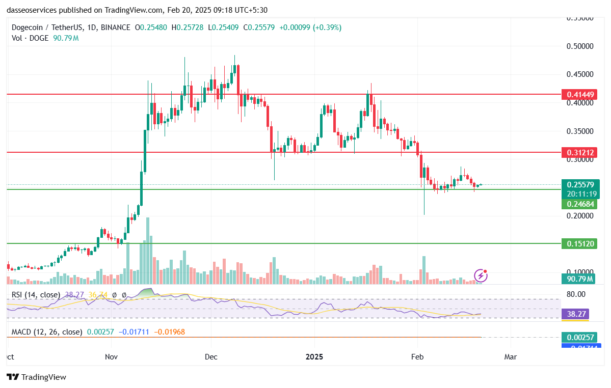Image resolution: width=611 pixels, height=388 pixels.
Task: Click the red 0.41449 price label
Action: (580, 95)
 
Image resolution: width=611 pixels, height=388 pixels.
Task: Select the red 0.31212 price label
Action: (580, 152)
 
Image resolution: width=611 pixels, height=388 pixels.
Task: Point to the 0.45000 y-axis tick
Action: (580, 74)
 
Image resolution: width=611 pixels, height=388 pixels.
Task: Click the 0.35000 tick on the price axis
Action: (580, 131)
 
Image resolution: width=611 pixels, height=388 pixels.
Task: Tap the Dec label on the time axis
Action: (211, 357)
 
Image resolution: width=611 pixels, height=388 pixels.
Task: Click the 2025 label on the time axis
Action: (314, 357)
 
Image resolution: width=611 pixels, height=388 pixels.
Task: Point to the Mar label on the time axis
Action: (510, 357)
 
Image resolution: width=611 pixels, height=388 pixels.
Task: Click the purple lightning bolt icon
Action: (481, 276)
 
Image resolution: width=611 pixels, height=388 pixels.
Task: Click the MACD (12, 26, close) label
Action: (47, 332)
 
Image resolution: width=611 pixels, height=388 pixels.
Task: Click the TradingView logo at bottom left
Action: (37, 377)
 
